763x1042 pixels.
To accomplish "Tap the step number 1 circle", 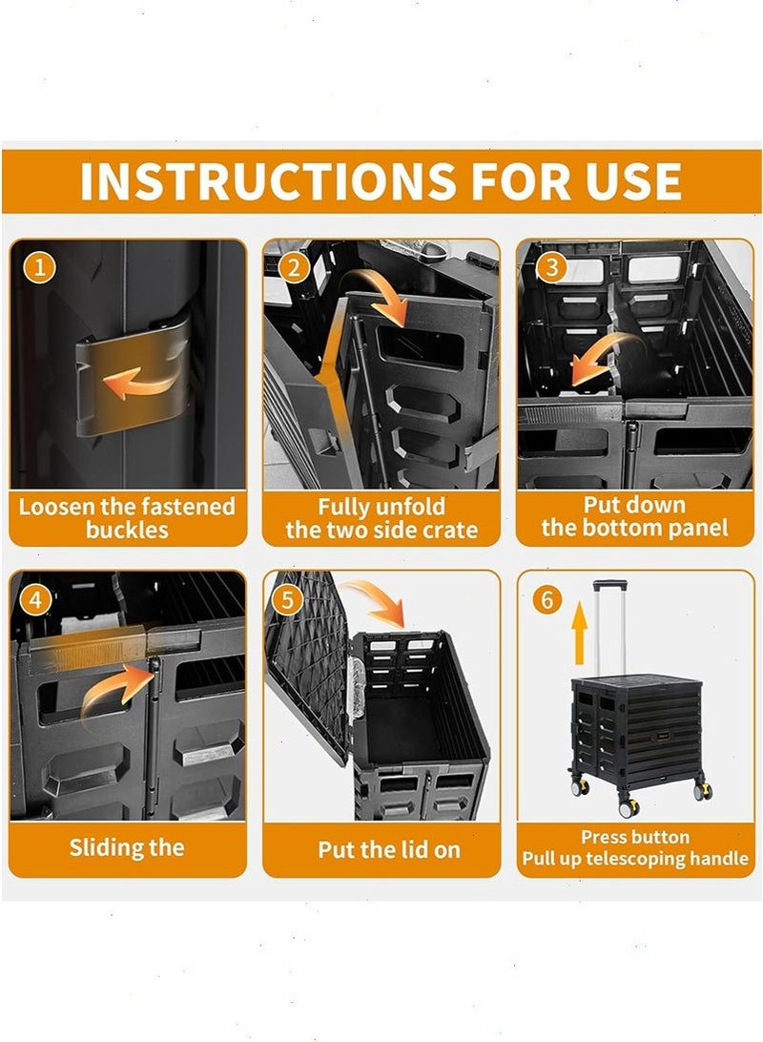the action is click(39, 267).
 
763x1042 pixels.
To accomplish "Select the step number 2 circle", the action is click(294, 268).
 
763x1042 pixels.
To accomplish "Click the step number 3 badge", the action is click(551, 267).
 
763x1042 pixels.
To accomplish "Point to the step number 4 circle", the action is click(35, 600).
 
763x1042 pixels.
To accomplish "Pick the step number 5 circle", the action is click(287, 600).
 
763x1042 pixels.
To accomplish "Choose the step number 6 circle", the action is click(546, 600).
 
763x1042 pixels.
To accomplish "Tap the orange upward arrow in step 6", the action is click(580, 633).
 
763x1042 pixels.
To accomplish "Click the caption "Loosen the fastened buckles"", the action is click(127, 518).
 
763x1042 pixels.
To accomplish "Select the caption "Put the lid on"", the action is click(389, 850).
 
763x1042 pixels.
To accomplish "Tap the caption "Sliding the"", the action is click(127, 848).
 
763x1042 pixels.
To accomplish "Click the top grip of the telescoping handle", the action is click(609, 586).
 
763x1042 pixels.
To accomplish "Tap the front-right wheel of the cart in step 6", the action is click(703, 791).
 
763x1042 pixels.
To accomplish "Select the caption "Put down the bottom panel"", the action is click(635, 516).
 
